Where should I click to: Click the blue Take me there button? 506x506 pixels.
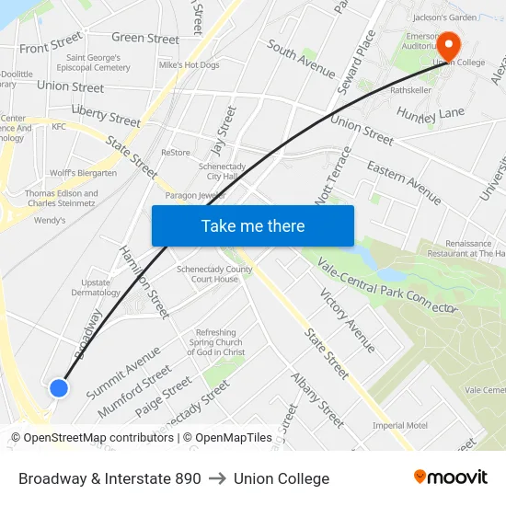pyautogui.click(x=252, y=225)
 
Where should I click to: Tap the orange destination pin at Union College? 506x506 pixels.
pyautogui.click(x=448, y=47)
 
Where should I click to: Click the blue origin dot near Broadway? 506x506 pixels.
pyautogui.click(x=59, y=388)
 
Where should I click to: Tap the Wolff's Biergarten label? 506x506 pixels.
pyautogui.click(x=83, y=173)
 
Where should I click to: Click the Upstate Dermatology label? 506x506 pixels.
pyautogui.click(x=96, y=287)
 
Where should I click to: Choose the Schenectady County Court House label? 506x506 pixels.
pyautogui.click(x=214, y=274)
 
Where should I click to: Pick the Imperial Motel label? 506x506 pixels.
pyautogui.click(x=399, y=425)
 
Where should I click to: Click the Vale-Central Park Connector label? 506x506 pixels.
pyautogui.click(x=385, y=285)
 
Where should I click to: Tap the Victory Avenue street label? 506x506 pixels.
pyautogui.click(x=347, y=320)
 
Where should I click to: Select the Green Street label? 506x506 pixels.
pyautogui.click(x=144, y=39)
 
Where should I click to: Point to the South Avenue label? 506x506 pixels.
pyautogui.click(x=301, y=58)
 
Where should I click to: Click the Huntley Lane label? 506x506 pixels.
pyautogui.click(x=431, y=113)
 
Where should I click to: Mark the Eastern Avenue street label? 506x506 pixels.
pyautogui.click(x=404, y=181)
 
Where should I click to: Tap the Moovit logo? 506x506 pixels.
pyautogui.click(x=450, y=477)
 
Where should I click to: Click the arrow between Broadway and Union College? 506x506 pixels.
pyautogui.click(x=217, y=478)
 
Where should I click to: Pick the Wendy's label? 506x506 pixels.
pyautogui.click(x=50, y=221)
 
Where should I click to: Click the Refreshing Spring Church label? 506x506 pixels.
pyautogui.click(x=216, y=342)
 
